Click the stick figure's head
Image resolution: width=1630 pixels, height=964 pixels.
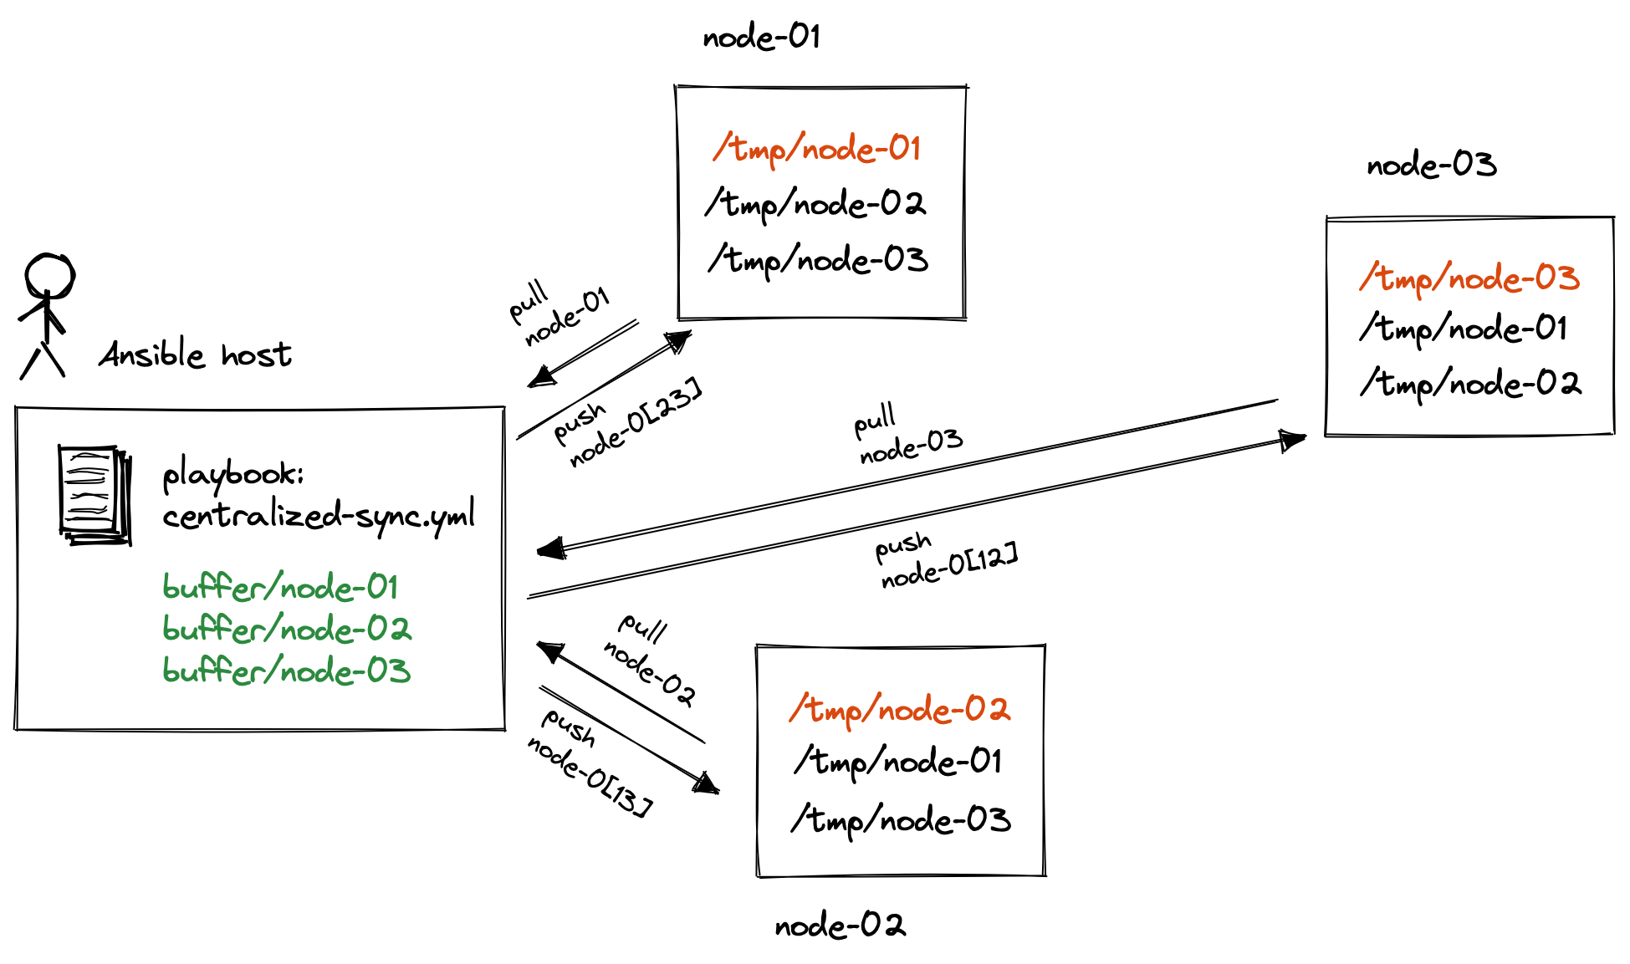tap(49, 275)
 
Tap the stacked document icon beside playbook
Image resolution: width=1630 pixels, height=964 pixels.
tap(94, 495)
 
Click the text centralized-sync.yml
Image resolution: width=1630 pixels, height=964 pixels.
tap(318, 514)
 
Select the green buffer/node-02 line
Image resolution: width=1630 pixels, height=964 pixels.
tap(286, 629)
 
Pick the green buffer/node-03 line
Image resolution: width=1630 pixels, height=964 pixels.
tap(286, 671)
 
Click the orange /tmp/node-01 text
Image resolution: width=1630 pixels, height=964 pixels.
tap(817, 149)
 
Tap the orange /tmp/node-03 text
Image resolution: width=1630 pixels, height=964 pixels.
tap(1469, 278)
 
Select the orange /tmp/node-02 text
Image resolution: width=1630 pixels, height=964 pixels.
tap(900, 710)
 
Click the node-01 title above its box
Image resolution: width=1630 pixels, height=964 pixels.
tap(761, 37)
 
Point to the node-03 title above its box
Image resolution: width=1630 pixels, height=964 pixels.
tap(1431, 165)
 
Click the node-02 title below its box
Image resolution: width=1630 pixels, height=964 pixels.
tap(840, 926)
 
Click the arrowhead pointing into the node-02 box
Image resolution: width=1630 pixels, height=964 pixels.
tap(707, 783)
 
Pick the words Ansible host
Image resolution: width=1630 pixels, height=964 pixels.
tap(195, 355)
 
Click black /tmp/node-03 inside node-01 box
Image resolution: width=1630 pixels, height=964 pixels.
tap(818, 260)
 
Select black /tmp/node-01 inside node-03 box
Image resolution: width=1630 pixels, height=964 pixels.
tap(1464, 329)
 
